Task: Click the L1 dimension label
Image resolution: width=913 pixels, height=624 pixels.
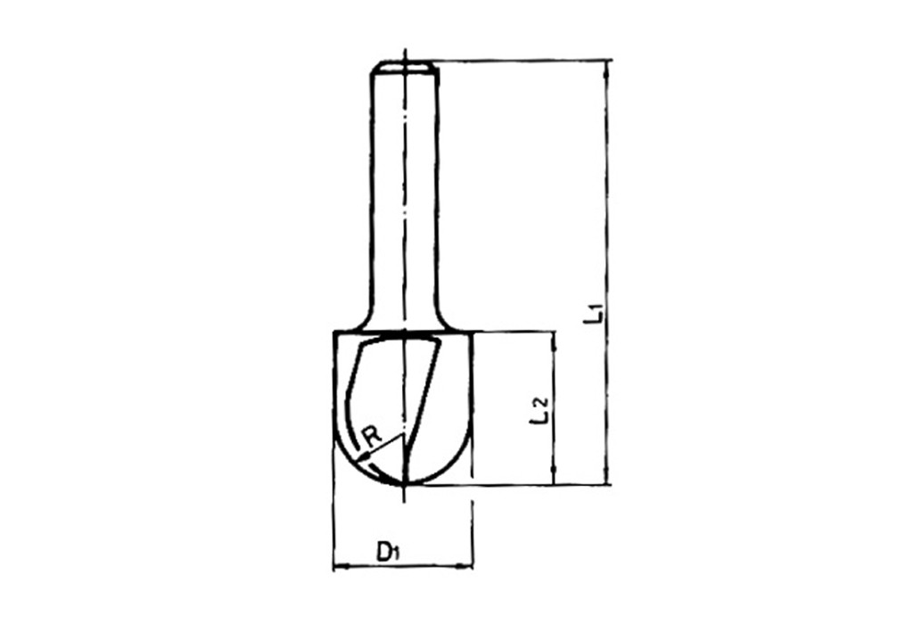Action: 596,314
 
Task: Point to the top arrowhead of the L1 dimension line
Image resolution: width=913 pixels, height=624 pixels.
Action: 607,66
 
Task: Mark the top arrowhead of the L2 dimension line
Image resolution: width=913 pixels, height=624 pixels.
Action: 554,337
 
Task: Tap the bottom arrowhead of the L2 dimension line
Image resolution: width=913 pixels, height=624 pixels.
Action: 554,480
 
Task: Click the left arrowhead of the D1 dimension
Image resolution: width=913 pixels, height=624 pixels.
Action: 338,565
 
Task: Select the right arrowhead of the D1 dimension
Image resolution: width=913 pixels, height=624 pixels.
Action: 468,565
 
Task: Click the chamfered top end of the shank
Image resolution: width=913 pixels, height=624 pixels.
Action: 404,64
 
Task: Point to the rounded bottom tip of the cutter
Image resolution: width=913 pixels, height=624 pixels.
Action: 405,482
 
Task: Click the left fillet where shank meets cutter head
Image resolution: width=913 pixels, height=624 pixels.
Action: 363,321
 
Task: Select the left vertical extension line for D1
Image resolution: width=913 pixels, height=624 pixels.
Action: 333,517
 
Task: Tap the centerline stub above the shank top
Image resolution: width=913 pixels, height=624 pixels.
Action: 405,53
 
